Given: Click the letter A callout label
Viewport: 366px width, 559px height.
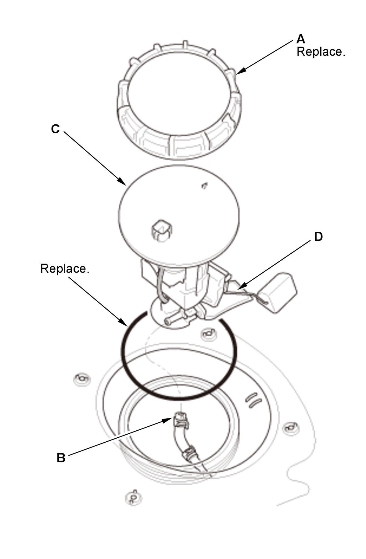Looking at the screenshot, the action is (301, 39).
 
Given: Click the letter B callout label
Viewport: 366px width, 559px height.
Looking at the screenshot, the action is (61, 458).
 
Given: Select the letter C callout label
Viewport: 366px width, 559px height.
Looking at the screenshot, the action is (55, 129).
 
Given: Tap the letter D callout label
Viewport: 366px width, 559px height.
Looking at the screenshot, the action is (318, 237).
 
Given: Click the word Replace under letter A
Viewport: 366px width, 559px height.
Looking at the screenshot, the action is (321, 52).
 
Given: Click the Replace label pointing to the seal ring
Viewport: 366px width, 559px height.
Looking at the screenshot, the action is (65, 269).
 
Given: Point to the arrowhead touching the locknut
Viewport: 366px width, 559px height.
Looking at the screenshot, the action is (240, 71).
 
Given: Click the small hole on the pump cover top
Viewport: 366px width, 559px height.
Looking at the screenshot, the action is (205, 185).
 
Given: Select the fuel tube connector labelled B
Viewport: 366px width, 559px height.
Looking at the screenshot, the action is (181, 421).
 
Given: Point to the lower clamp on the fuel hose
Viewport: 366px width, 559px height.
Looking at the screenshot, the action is (190, 453).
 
